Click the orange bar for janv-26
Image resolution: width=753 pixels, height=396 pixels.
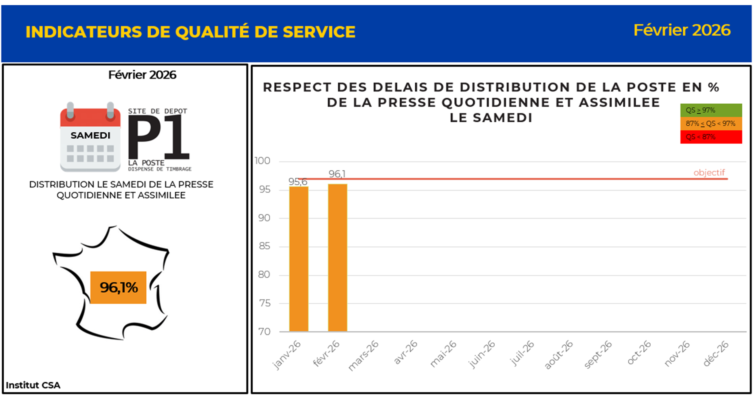(x=299, y=259)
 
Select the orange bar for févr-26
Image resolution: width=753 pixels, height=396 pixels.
(x=337, y=258)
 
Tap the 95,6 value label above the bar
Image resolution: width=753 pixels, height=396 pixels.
(x=298, y=182)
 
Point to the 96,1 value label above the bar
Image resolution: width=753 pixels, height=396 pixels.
(x=337, y=174)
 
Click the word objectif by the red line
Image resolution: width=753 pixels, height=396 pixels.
(x=709, y=173)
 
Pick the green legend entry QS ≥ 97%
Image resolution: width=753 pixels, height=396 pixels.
(x=711, y=110)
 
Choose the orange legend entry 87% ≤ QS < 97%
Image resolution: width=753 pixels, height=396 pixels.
(x=711, y=124)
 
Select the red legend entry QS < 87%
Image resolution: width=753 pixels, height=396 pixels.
(x=711, y=137)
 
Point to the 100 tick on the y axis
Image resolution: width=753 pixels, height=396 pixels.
(x=263, y=161)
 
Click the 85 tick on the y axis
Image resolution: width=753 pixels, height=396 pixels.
(x=264, y=246)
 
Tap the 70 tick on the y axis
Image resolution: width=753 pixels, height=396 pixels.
(x=264, y=332)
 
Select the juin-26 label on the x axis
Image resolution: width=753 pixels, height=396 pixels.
(x=482, y=354)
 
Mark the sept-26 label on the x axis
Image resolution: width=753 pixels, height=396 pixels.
(x=598, y=354)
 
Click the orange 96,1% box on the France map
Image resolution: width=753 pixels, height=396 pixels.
(x=118, y=288)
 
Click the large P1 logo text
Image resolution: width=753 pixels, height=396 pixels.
(x=159, y=137)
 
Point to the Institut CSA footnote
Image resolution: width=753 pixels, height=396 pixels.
(x=33, y=385)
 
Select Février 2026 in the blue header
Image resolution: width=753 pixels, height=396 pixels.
(x=682, y=30)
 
